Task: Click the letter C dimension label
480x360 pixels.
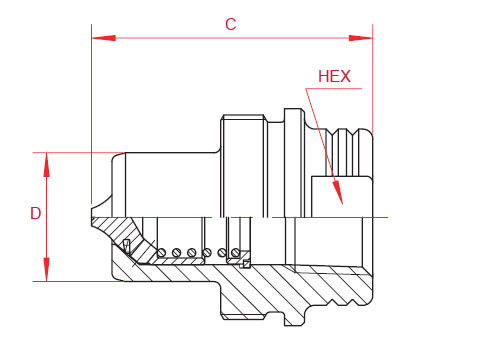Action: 230,24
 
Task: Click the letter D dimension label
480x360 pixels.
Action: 35,213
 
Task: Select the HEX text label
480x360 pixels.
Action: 334,76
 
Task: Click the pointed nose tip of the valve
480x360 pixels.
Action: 89,217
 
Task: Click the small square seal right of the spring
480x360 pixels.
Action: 244,265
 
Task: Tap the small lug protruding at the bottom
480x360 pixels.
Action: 291,319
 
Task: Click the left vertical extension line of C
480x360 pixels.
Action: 91,120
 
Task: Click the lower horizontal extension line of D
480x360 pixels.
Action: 70,281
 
